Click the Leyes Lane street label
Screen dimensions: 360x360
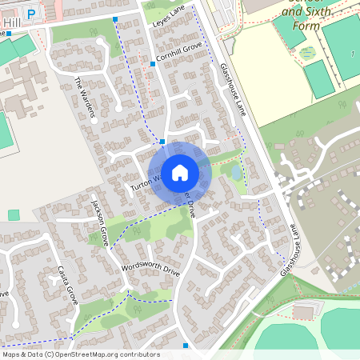[x=167, y=18]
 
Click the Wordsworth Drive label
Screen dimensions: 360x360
[x=150, y=267]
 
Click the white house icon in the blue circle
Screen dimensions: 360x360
[x=180, y=172]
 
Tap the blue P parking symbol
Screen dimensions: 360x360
[x=31, y=14]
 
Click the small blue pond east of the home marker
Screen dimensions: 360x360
[x=236, y=172]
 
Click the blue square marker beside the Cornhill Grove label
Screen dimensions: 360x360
[x=152, y=63]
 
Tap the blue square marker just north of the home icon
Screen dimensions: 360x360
[x=162, y=141]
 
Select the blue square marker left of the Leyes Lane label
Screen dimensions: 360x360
[x=115, y=18]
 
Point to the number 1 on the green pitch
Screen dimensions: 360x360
[x=353, y=53]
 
